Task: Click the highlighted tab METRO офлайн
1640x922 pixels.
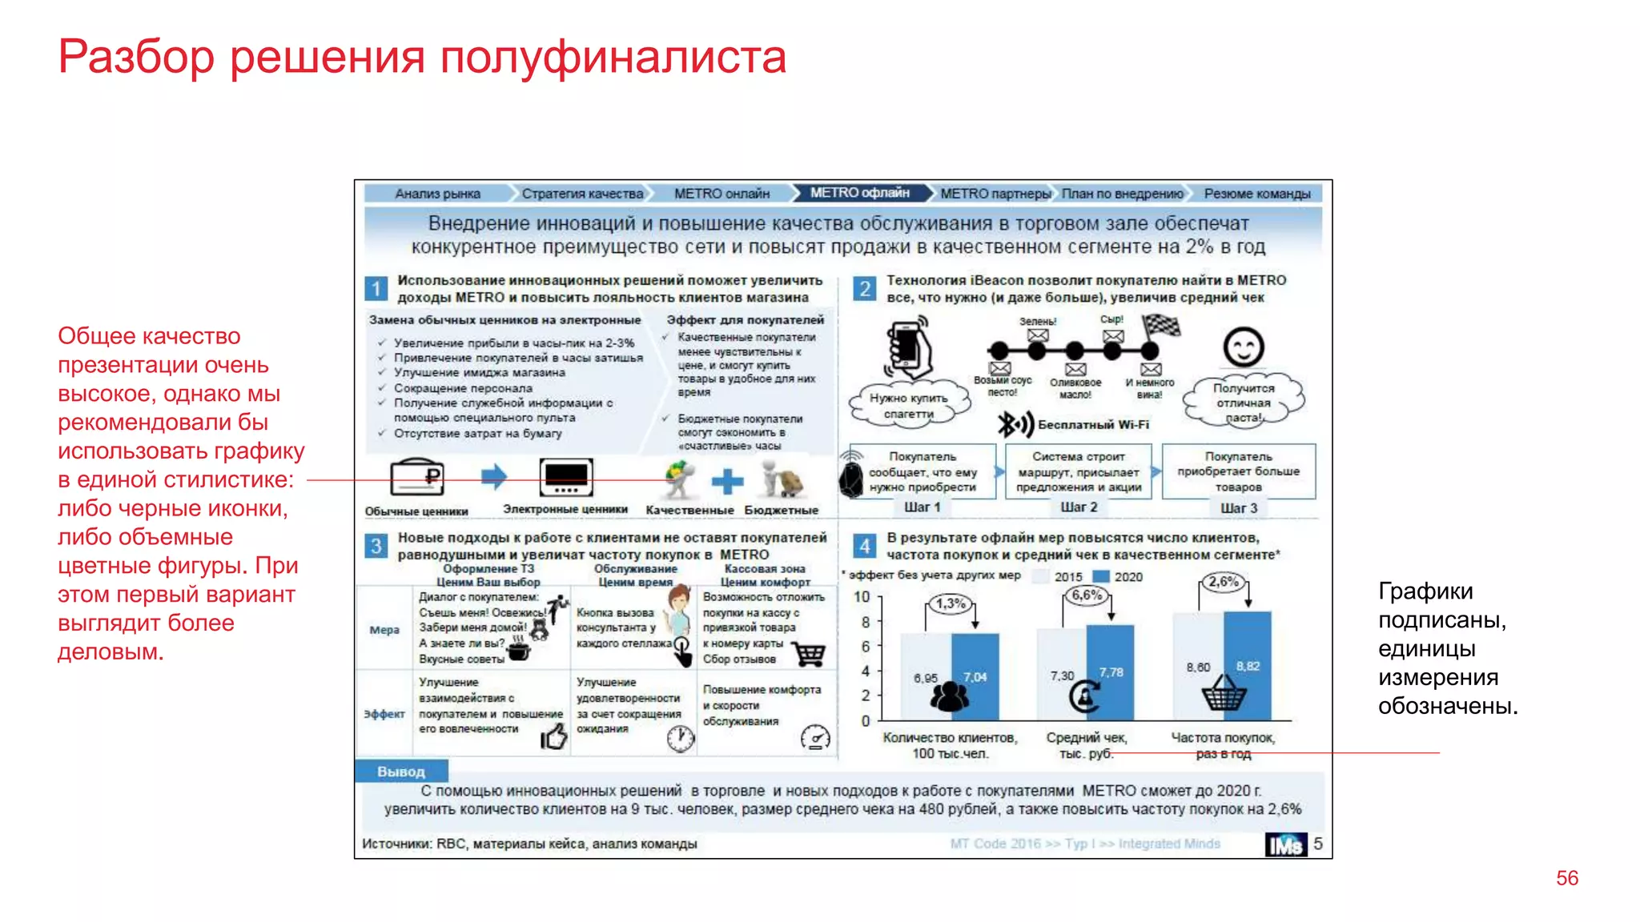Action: tap(860, 193)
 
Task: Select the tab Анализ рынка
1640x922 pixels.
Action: tap(437, 194)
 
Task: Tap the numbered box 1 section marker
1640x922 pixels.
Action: tap(376, 288)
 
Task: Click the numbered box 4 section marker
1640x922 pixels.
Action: tap(864, 546)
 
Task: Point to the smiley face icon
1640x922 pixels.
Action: tap(1243, 347)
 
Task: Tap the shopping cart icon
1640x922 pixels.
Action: tap(810, 654)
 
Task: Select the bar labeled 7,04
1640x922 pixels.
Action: tap(975, 677)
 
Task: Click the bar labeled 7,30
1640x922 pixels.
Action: tap(1062, 675)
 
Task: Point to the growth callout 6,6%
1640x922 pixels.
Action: tap(1087, 595)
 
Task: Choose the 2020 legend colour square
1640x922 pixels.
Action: tap(1101, 576)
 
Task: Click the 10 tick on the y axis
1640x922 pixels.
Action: tap(862, 597)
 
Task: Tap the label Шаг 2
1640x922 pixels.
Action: tap(1079, 507)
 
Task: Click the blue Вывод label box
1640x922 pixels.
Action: tap(401, 772)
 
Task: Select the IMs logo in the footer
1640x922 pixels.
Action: tap(1285, 844)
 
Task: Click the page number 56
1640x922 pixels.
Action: tap(1566, 878)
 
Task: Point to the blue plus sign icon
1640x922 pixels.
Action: tap(727, 481)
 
